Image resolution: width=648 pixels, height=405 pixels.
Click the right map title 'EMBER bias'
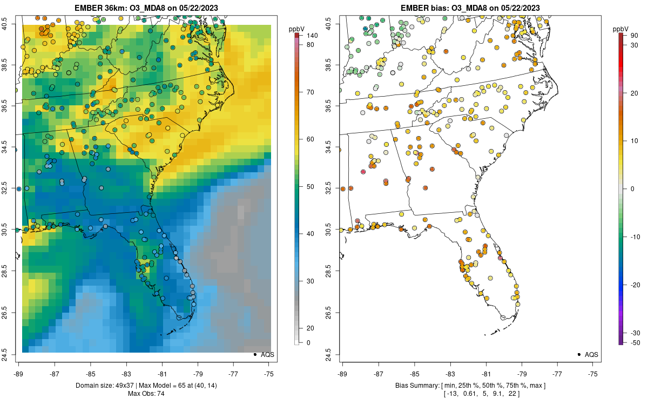pyautogui.click(x=426, y=8)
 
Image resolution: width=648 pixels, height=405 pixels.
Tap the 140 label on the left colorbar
pyautogui.click(x=313, y=36)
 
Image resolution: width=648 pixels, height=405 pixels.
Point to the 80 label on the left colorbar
pyautogui.click(x=311, y=45)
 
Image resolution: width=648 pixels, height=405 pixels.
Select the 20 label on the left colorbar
pyautogui.click(x=311, y=328)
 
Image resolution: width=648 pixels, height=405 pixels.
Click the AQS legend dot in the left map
pyautogui.click(x=254, y=354)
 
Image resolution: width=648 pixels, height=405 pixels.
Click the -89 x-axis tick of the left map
pyautogui.click(x=18, y=373)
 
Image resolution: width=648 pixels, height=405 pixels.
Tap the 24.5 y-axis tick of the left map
pyautogui.click(x=11, y=354)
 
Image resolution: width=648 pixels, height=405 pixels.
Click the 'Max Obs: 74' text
pyautogui.click(x=146, y=393)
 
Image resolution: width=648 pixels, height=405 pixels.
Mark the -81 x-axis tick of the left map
pyautogui.click(x=162, y=373)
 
